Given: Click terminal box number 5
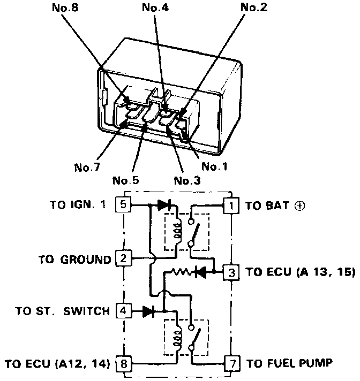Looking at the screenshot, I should click(123, 204).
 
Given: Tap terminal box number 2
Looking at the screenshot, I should click(123, 259).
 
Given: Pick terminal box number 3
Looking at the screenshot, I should click(231, 271).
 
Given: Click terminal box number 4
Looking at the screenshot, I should click(123, 310).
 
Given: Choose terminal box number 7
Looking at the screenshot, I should click(231, 364).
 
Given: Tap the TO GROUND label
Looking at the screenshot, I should click(74, 260).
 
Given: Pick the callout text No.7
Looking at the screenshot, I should click(87, 167).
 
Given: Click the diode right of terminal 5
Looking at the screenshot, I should click(164, 204).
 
